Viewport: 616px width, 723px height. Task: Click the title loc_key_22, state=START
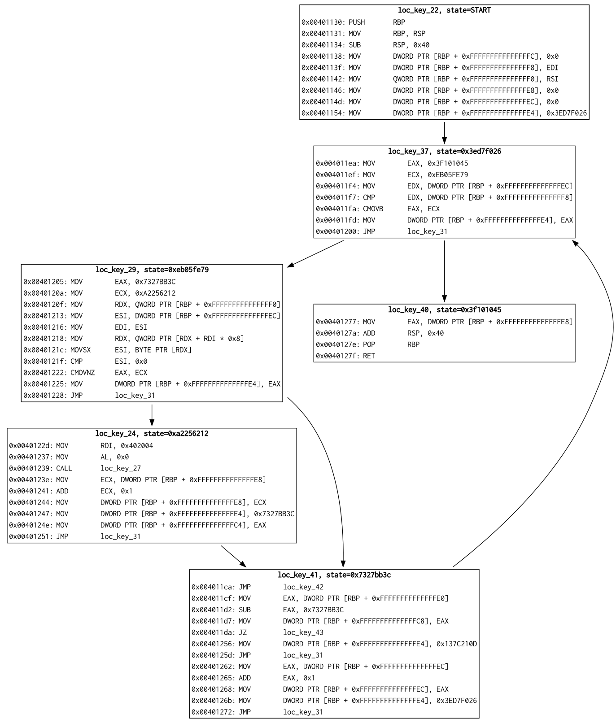444,10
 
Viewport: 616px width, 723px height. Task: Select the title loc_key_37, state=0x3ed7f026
444,152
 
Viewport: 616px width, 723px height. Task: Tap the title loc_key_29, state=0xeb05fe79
152,270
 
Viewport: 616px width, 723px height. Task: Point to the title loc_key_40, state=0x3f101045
444,310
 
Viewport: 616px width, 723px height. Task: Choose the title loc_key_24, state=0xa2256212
152,434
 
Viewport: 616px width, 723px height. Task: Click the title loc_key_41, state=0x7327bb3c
334,575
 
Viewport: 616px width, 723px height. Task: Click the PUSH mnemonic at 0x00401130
357,22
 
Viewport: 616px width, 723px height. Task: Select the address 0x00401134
323,45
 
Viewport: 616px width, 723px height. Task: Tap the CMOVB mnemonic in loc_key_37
373,209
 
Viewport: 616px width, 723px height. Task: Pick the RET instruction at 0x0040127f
368,356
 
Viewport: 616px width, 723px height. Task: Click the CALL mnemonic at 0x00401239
64,468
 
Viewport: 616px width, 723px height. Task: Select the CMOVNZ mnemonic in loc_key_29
83,373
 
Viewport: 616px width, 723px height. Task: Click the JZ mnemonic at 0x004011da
242,632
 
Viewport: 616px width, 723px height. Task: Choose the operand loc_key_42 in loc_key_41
303,587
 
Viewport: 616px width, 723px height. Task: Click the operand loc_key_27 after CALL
120,468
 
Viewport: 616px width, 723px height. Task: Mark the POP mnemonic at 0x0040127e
369,344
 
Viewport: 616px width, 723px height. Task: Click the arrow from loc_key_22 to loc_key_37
444,132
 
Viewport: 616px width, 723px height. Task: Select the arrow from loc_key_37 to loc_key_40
444,271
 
